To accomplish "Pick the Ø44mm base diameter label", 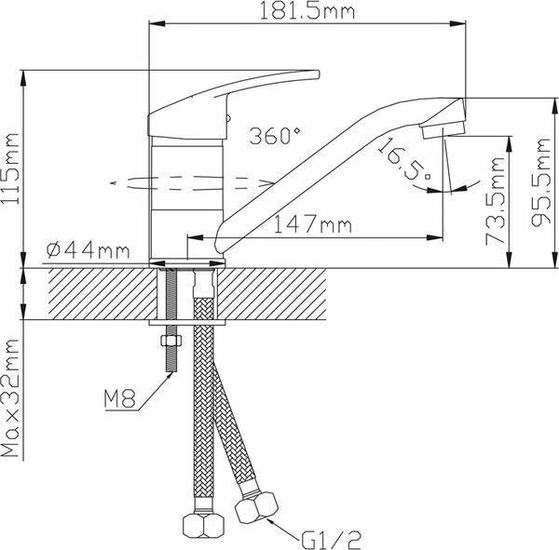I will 88,250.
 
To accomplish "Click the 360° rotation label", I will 275,136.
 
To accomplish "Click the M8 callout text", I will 120,401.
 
